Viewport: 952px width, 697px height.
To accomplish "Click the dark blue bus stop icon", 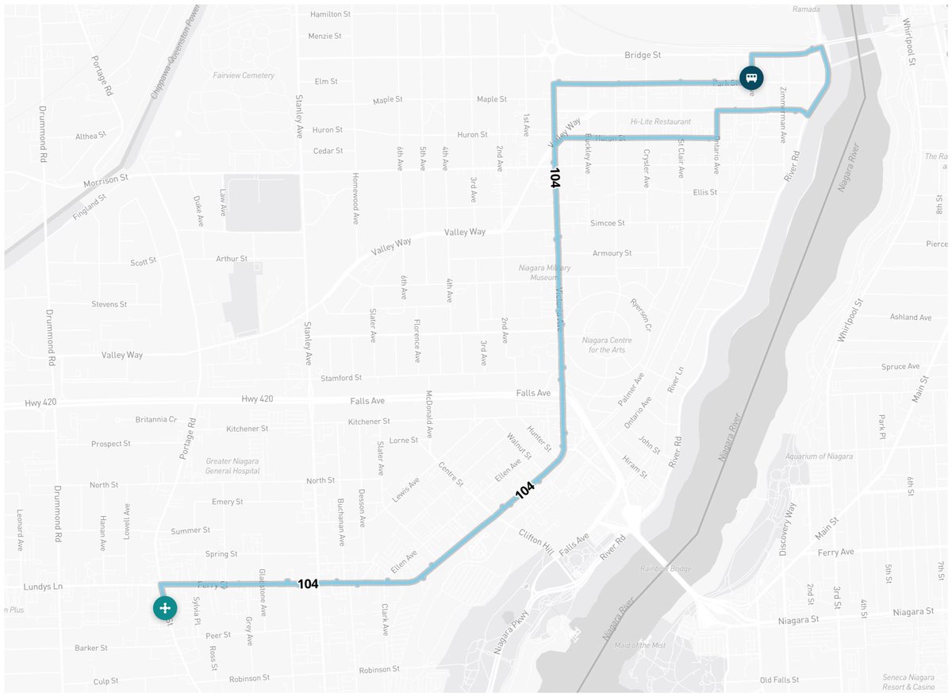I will click(751, 78).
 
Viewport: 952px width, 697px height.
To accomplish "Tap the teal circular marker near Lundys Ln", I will click(164, 608).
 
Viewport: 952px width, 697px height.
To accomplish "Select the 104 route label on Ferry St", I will click(308, 584).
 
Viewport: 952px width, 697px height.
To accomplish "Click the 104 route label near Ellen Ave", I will click(524, 491).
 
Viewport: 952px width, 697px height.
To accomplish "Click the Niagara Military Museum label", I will click(544, 273).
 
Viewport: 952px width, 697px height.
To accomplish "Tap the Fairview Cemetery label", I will click(244, 75).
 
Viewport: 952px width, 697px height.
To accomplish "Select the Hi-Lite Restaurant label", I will click(661, 121).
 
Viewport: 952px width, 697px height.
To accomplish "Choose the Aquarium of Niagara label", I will click(819, 456).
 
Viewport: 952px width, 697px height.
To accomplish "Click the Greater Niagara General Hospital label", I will click(232, 465).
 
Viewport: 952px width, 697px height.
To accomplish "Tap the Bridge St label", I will click(643, 56).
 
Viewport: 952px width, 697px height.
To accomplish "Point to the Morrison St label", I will click(106, 182).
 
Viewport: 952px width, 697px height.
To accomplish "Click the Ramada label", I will click(806, 10).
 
